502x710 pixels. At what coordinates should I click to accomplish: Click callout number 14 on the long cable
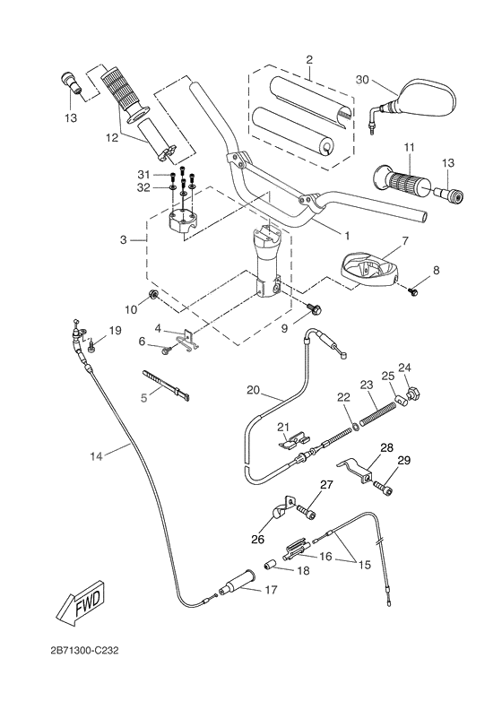[x=97, y=456]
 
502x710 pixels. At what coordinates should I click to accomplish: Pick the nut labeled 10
[x=155, y=296]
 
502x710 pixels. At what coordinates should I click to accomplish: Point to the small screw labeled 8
[x=413, y=290]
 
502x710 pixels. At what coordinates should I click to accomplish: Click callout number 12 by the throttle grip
[x=112, y=137]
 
